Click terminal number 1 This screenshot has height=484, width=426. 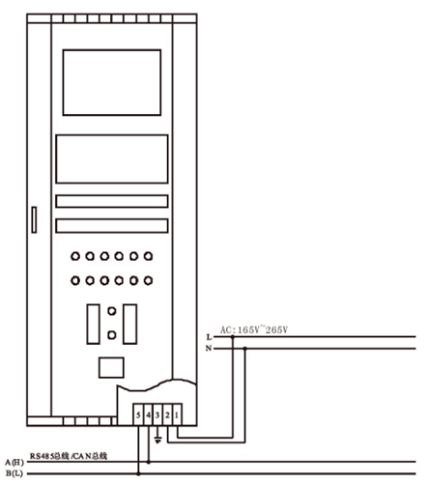point(178,415)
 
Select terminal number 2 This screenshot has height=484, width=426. point(168,415)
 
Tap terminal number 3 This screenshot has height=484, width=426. point(157,415)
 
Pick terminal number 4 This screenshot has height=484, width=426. point(148,415)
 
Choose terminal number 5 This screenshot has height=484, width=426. point(138,415)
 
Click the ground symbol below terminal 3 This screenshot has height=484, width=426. point(157,440)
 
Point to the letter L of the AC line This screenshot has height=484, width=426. point(210,337)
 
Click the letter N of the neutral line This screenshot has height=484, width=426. point(209,349)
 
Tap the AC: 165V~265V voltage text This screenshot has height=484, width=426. point(254,329)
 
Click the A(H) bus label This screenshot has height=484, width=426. point(14,463)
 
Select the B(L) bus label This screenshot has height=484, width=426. point(14,473)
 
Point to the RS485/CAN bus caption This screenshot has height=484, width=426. point(69,456)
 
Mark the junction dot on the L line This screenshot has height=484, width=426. point(233,337)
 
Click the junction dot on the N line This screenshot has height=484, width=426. point(245,349)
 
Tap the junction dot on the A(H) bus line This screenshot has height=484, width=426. point(149,462)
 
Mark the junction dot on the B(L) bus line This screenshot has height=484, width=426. point(138,473)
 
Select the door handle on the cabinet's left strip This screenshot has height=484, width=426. point(34,219)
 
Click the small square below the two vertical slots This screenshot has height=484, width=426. point(111,367)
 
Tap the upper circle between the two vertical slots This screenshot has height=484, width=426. point(112,311)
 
